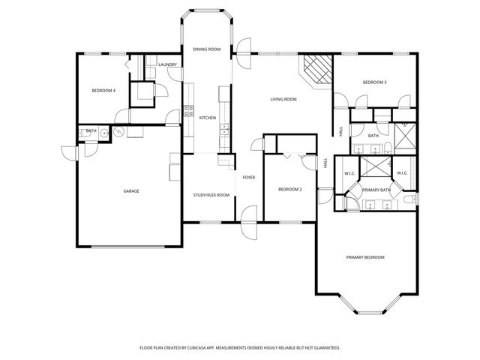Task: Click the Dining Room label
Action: [x=207, y=49]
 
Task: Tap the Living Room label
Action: [x=283, y=99]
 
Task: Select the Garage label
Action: [x=131, y=191]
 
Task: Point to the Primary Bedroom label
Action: [x=365, y=257]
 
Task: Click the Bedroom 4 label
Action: [x=103, y=91]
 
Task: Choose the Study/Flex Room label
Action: [x=211, y=195]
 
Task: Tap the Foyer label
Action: [x=249, y=177]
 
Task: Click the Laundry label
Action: [x=168, y=64]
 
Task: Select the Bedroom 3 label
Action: [x=375, y=82]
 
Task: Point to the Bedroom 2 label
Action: [x=290, y=190]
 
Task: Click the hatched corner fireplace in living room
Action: [x=316, y=71]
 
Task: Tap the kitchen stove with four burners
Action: [x=188, y=110]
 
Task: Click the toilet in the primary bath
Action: [x=410, y=199]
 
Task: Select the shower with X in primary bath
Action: [x=376, y=166]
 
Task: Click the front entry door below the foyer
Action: [x=249, y=223]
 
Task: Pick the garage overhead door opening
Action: [x=128, y=247]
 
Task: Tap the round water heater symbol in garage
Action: [x=118, y=131]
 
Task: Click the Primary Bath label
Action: [x=376, y=190]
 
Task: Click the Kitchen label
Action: [x=208, y=118]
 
